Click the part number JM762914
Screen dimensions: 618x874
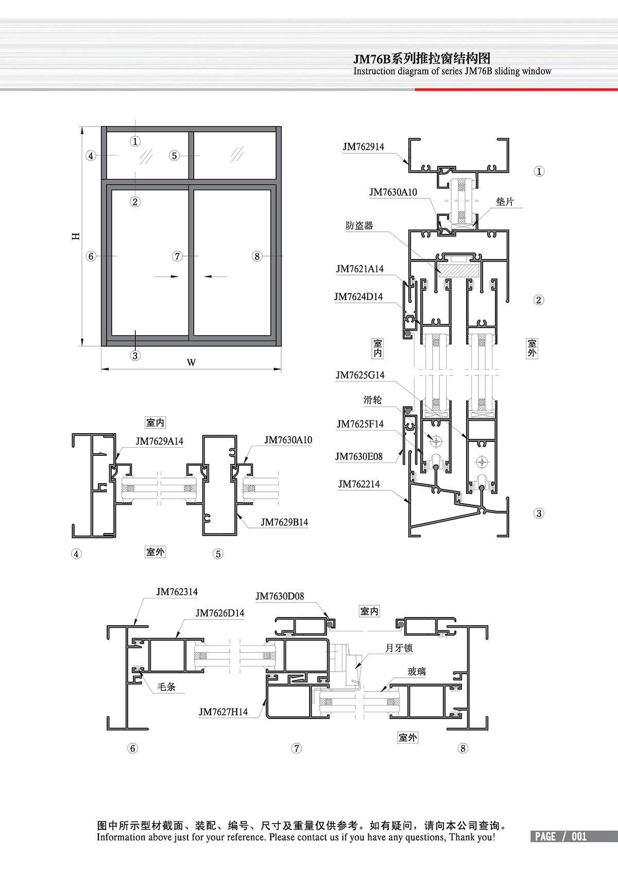[363, 147]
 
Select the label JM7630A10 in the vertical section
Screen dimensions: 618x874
[393, 192]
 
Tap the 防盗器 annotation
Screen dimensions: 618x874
[359, 226]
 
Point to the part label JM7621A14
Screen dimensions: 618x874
[359, 269]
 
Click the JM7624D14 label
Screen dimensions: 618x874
[358, 297]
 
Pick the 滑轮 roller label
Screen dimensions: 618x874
[372, 400]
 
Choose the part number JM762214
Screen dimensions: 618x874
[358, 484]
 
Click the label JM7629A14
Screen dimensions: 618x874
[159, 441]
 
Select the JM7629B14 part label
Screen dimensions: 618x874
[284, 522]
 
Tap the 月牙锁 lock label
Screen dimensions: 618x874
[399, 648]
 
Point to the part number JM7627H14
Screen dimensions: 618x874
[223, 712]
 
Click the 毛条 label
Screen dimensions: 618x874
[166, 687]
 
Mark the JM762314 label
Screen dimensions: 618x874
[177, 592]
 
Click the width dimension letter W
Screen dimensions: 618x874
[191, 363]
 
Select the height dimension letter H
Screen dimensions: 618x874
[76, 236]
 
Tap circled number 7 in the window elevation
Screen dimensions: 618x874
[178, 256]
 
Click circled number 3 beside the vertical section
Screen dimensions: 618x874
[539, 513]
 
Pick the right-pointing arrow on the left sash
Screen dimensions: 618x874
[166, 277]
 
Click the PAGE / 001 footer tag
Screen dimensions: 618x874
[561, 836]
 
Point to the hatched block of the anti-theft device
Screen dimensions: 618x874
[458, 269]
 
